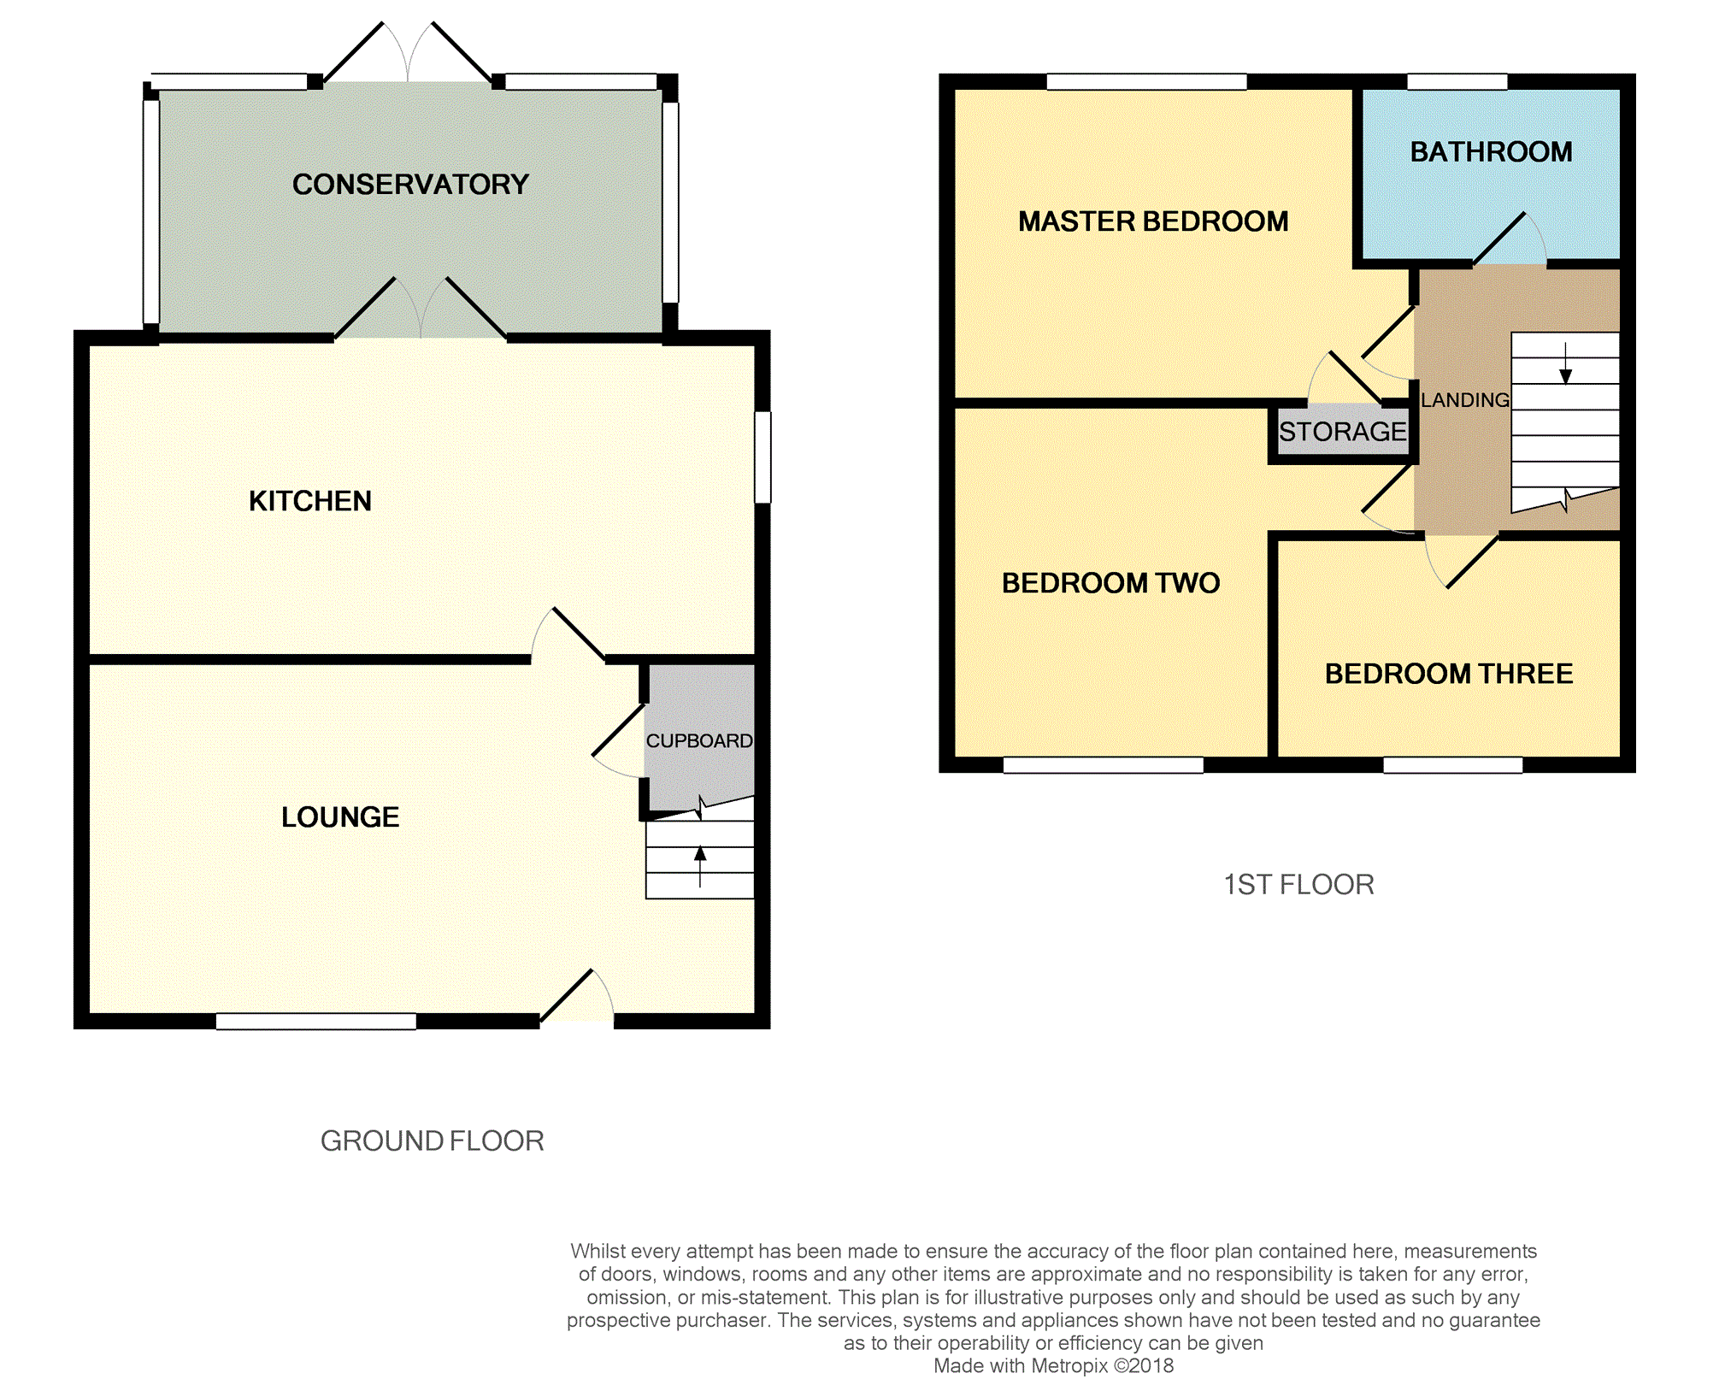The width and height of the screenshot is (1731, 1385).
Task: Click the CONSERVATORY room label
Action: click(x=410, y=185)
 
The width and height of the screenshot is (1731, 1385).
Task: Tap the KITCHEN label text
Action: click(x=309, y=501)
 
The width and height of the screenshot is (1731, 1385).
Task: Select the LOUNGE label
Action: click(x=340, y=817)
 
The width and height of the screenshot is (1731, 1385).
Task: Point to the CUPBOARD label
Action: click(x=699, y=741)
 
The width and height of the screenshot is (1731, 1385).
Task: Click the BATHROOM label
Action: click(x=1491, y=152)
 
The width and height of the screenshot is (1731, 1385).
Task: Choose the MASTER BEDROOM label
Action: click(x=1153, y=222)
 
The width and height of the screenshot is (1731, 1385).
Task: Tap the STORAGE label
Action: click(x=1342, y=432)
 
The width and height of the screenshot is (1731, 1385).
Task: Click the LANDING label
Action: click(x=1464, y=400)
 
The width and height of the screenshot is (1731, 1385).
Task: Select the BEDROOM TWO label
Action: click(x=1110, y=583)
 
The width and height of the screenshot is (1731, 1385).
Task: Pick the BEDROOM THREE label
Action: click(x=1448, y=674)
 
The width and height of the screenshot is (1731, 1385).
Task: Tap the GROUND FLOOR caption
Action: click(x=432, y=1141)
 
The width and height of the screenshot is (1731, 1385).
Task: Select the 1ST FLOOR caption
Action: click(x=1298, y=885)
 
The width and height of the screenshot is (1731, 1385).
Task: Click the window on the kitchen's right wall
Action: click(x=762, y=457)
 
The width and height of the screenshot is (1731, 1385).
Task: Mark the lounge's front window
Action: click(x=315, y=1021)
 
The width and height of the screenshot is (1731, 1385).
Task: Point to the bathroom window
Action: click(x=1457, y=82)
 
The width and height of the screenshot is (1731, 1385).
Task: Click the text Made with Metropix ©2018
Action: click(x=1053, y=1366)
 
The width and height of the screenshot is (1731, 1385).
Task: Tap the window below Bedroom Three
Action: click(x=1452, y=765)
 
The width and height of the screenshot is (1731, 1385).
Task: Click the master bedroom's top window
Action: click(x=1146, y=82)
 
